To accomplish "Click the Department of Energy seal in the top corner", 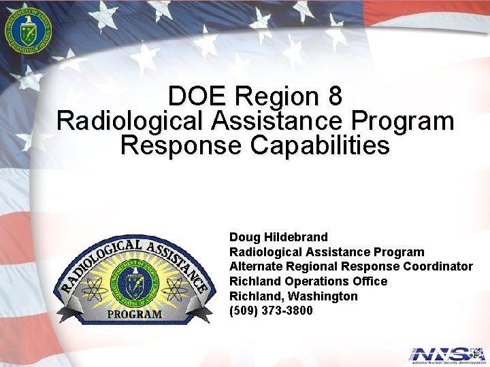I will point(27,31).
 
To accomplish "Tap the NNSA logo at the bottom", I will point(446,354).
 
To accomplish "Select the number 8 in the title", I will point(334,96).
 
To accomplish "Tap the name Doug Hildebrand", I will point(278,237).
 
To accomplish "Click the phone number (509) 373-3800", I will point(271,311).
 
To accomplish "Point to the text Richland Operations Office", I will point(308,281).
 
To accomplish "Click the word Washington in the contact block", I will point(323,296).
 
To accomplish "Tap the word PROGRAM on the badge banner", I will point(135,314).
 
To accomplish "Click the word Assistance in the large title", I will point(278,121).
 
